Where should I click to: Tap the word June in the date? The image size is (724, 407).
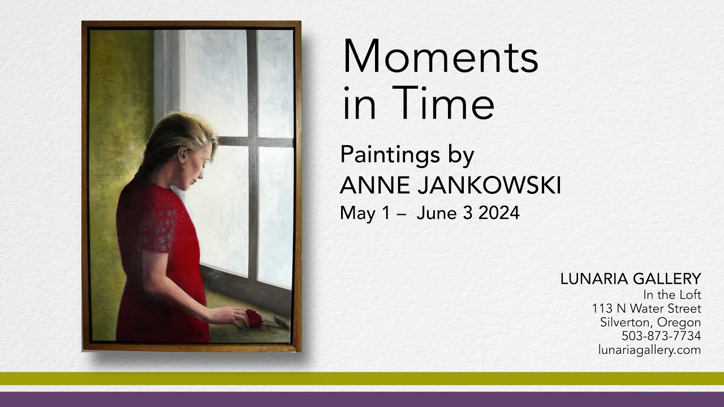coord(435,214)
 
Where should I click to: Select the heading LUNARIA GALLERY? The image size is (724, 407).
coord(631,279)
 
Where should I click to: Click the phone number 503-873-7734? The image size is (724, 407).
coord(661,336)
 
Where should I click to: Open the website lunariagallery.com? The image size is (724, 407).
coord(649,350)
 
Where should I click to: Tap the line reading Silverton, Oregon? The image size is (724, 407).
coord(650,322)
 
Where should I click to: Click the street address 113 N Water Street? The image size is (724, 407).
coord(647,309)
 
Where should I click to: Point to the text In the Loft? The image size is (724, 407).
coord(672,295)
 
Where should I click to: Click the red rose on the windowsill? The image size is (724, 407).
coord(255,318)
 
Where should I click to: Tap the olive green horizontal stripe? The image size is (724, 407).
coord(362,378)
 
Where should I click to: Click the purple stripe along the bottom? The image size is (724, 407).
coord(362,399)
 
